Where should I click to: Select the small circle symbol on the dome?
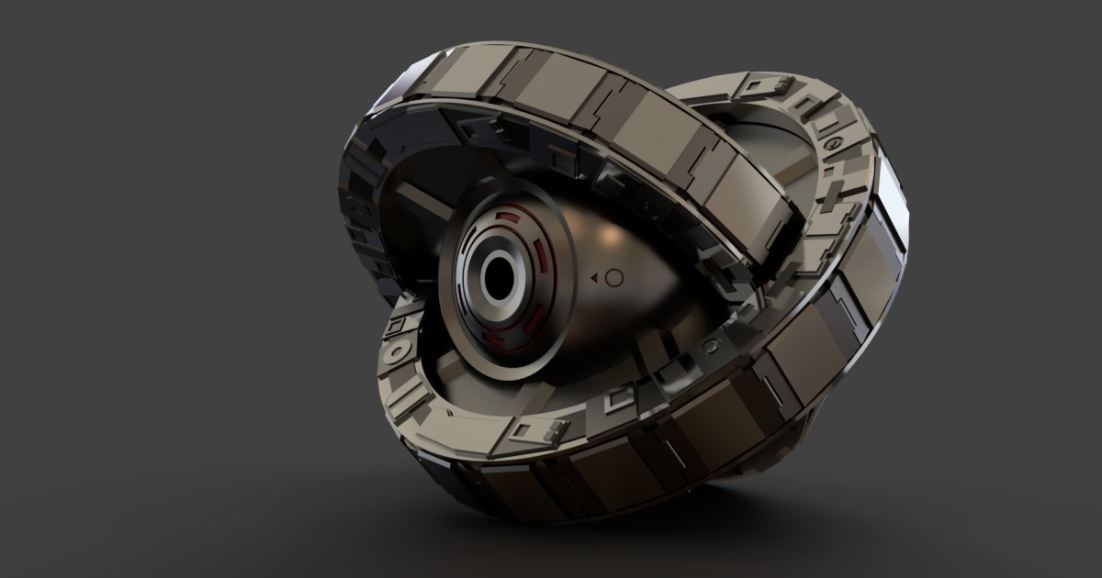(x=614, y=276)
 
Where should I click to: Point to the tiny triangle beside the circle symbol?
(x=595, y=276)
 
